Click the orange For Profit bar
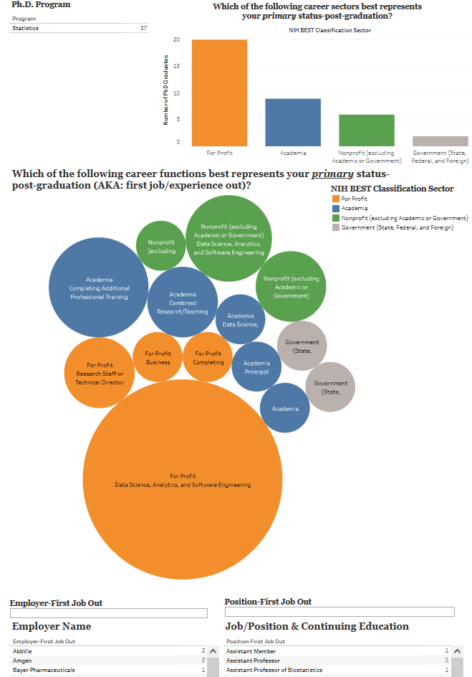pos(219,93)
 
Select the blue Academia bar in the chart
pos(293,123)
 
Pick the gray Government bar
pos(440,141)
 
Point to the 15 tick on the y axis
pos(177,67)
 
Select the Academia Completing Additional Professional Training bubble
pos(99,288)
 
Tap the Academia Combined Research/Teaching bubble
pos(183,302)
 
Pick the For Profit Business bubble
pos(158,357)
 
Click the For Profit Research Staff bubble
pos(100,373)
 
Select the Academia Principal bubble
pos(256,366)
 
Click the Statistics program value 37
pos(143,28)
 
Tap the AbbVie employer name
pos(23,650)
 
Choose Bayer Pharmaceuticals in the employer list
pos(44,670)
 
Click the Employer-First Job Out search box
pos(108,613)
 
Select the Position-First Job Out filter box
pos(339,612)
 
